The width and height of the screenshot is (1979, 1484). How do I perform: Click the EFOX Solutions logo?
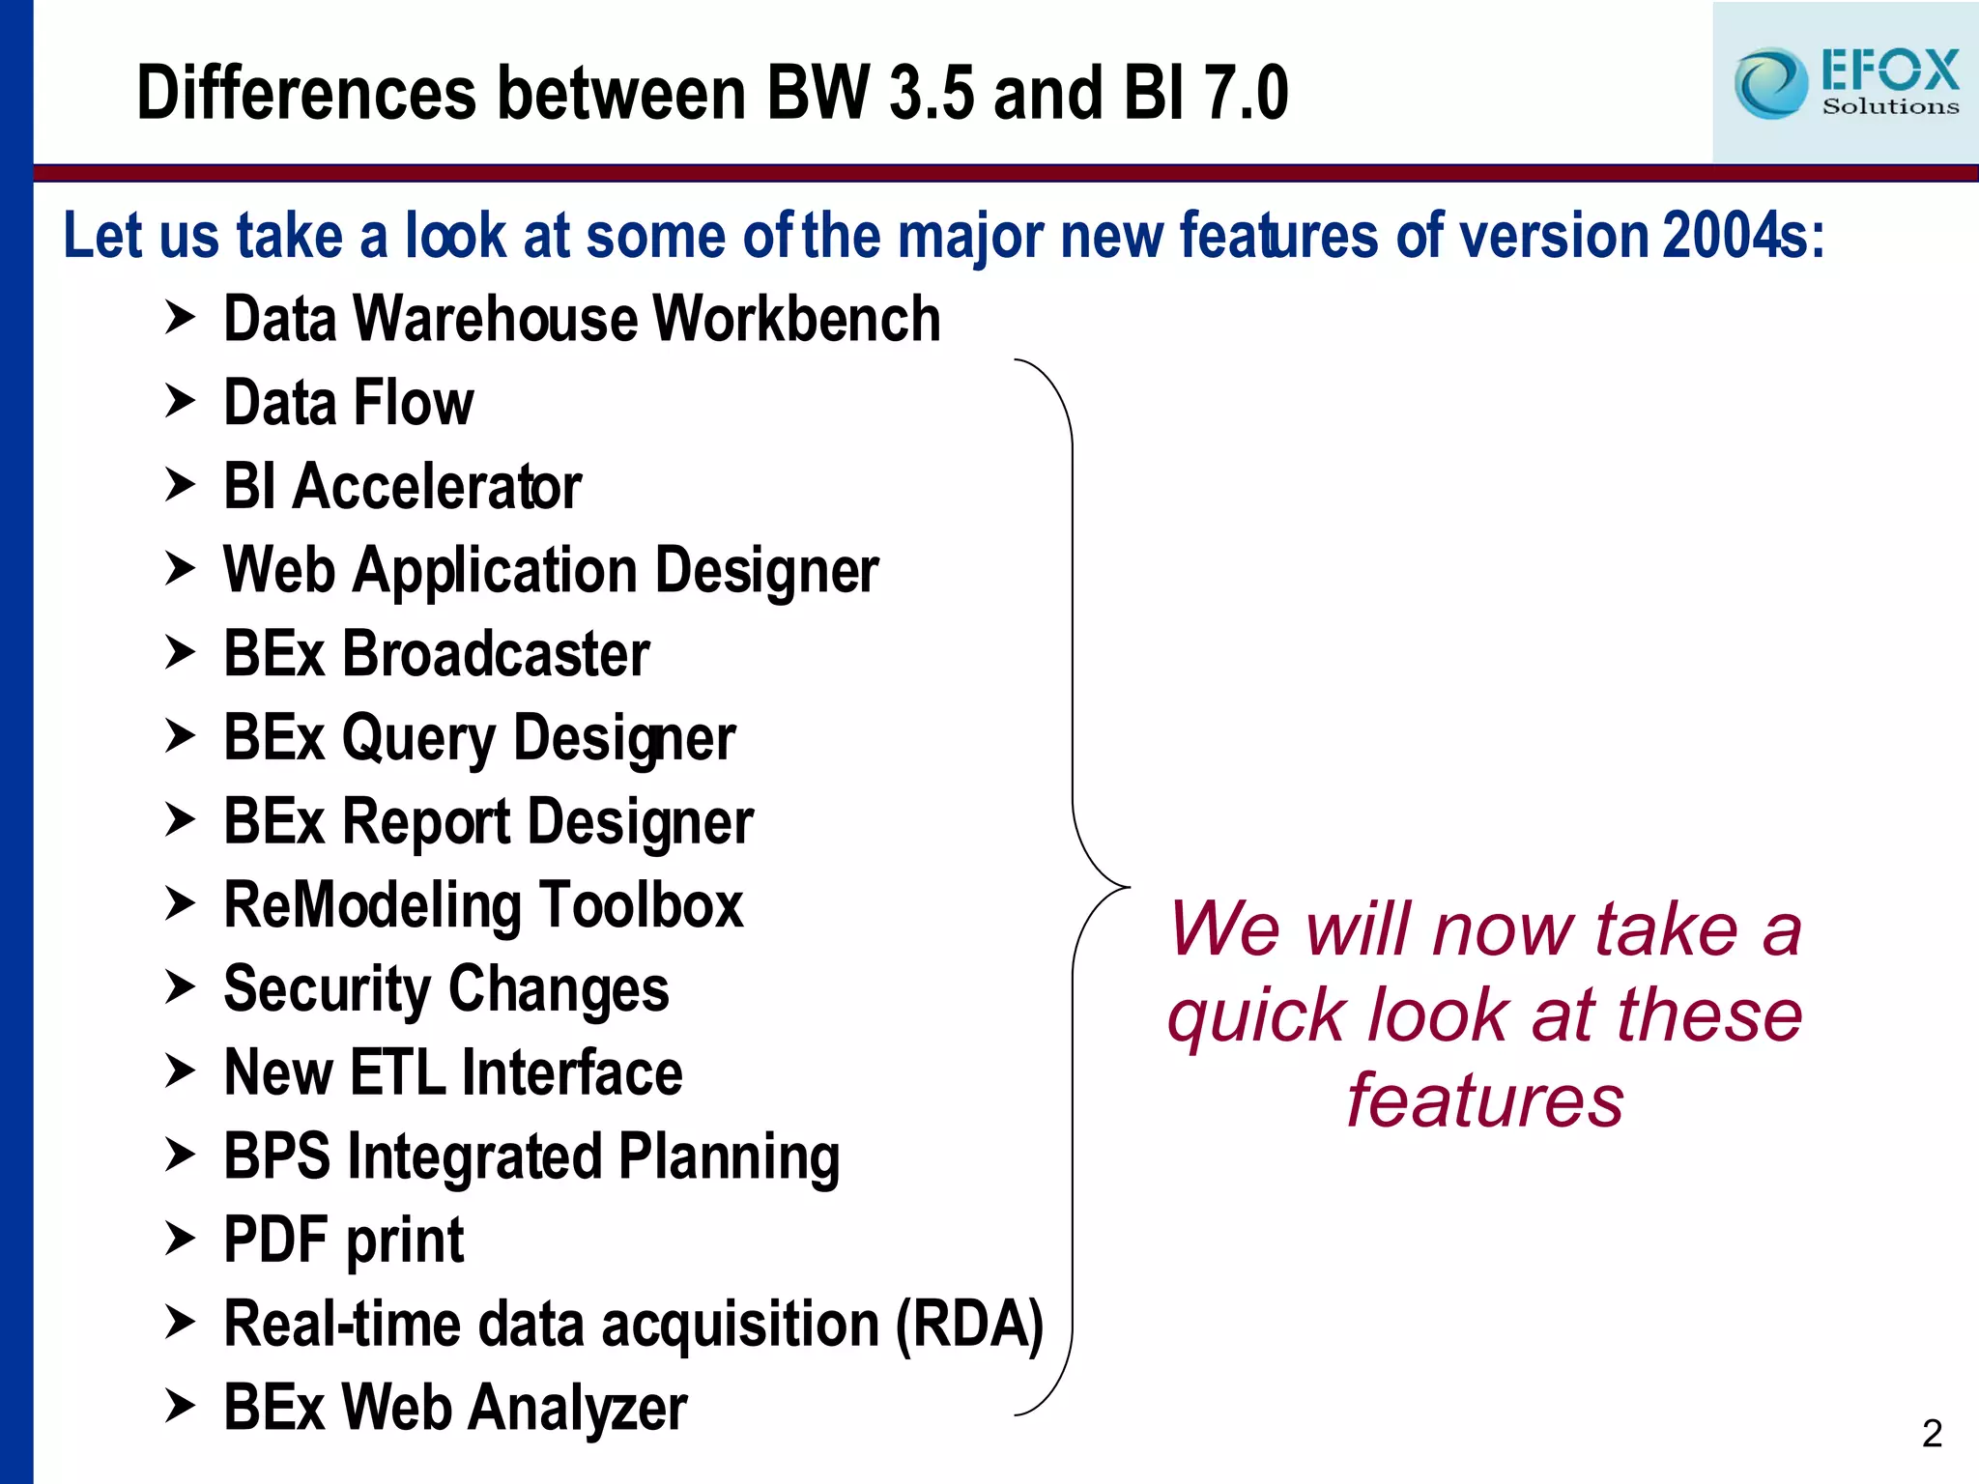coord(1846,83)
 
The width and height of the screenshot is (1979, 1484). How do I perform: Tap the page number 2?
coord(1932,1433)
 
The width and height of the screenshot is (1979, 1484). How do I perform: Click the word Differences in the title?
coord(306,93)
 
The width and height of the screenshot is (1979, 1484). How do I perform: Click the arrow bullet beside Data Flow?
coord(180,401)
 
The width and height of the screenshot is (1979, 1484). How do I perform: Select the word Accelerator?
coord(437,486)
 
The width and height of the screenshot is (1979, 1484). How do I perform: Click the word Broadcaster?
coord(496,654)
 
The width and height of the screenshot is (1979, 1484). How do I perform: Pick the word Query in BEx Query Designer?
coord(417,739)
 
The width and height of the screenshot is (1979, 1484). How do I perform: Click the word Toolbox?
coord(641,905)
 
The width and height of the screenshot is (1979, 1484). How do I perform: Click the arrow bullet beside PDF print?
coord(180,1238)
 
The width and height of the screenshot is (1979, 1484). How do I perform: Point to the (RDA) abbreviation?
coord(969,1324)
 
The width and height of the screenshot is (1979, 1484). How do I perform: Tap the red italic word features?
coord(1485,1100)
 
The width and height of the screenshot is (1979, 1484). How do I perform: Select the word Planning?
coord(729,1156)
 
